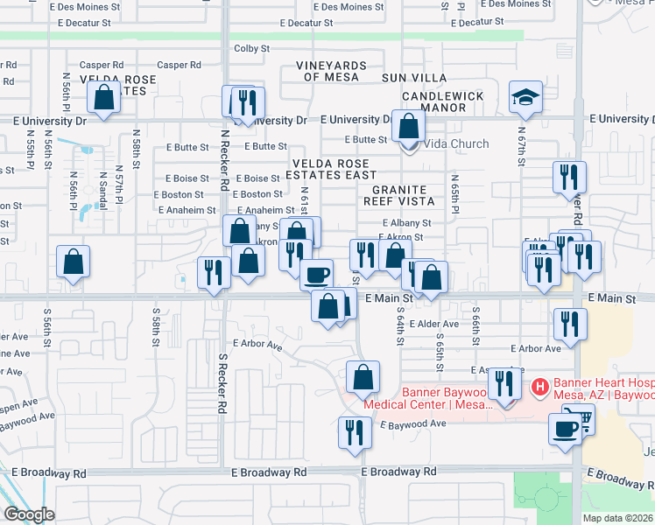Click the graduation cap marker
click(x=525, y=97)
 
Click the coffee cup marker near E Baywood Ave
click(x=566, y=428)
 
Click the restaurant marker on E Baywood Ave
click(x=355, y=433)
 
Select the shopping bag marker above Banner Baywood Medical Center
click(x=363, y=377)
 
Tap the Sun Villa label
click(x=413, y=79)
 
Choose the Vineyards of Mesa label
click(x=330, y=71)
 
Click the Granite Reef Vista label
click(x=399, y=194)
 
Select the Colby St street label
click(x=251, y=49)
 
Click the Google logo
click(x=29, y=514)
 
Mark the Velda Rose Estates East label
click(x=335, y=169)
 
